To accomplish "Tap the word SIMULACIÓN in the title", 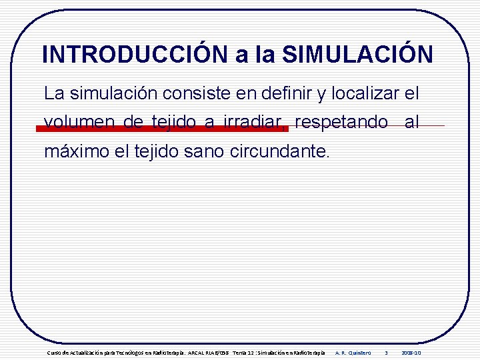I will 357,54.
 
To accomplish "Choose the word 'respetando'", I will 341,122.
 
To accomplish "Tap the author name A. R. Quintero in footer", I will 353,352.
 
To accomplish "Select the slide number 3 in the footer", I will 386,352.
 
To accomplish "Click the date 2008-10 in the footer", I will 411,352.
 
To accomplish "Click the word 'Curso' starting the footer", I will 52,352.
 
